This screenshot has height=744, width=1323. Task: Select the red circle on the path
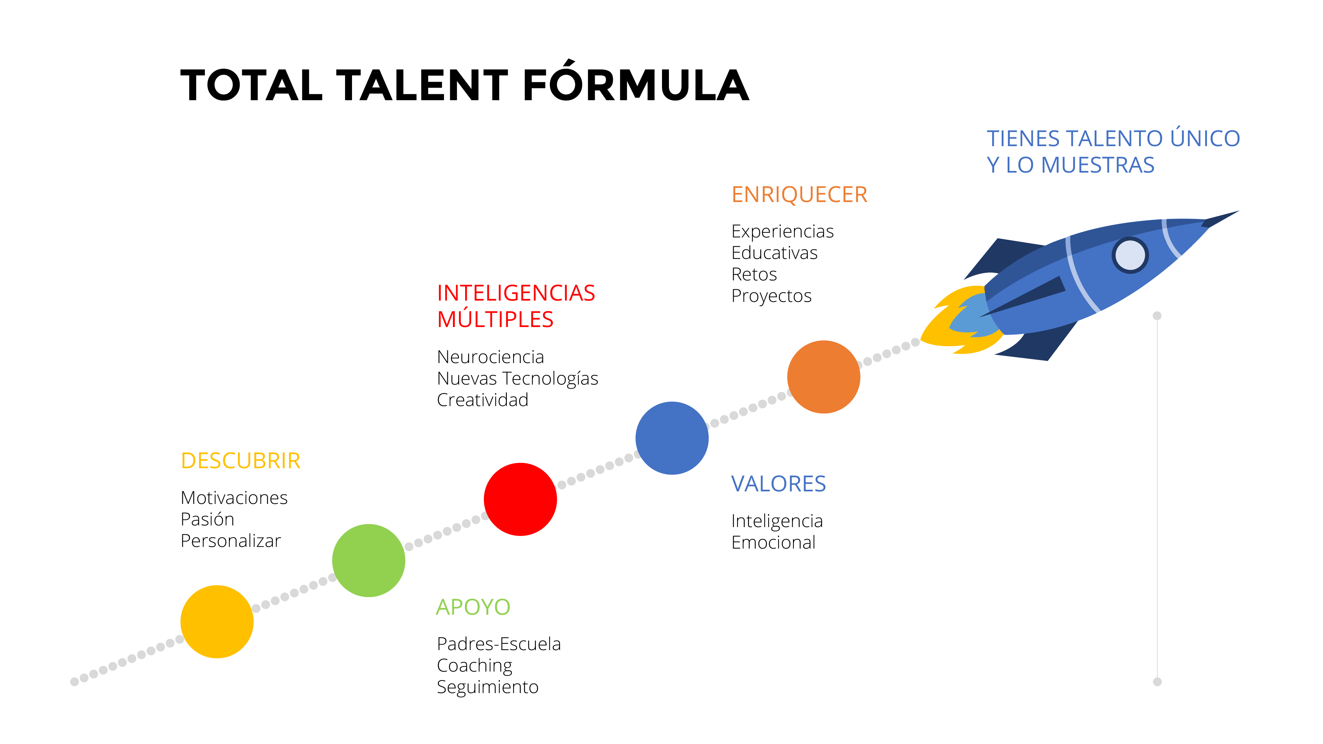click(x=520, y=499)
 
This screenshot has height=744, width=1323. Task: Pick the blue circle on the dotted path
click(x=672, y=438)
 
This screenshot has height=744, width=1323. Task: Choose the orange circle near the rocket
click(x=823, y=377)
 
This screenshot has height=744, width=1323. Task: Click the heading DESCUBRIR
click(x=241, y=461)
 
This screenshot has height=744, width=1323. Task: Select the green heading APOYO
click(x=473, y=607)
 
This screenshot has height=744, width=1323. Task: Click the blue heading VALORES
click(x=778, y=484)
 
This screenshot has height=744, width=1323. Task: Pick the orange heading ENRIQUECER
click(x=799, y=195)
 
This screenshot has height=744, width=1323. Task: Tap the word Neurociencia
click(x=491, y=357)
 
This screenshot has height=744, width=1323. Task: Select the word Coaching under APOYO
click(x=474, y=666)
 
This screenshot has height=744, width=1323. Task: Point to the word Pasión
click(x=207, y=519)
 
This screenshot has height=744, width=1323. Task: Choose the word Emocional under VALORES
click(x=773, y=542)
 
